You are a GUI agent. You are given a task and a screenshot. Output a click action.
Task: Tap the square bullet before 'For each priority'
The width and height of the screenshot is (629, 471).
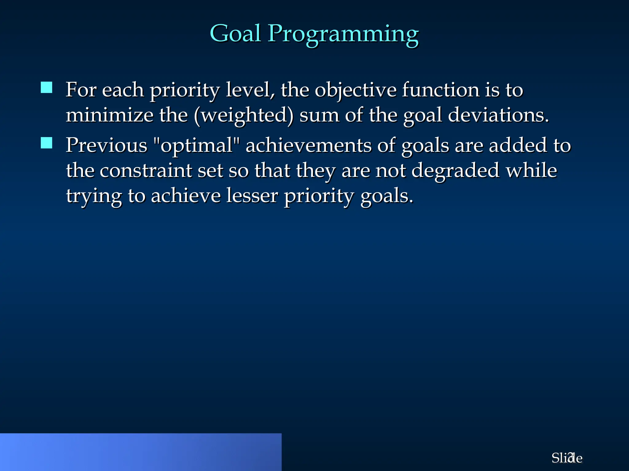46,87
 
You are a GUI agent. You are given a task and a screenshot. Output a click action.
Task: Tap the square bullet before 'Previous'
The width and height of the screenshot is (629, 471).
46,143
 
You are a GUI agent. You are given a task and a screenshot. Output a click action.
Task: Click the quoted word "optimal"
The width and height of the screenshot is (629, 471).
197,145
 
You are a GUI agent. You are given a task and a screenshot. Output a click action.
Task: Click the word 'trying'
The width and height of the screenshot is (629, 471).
94,197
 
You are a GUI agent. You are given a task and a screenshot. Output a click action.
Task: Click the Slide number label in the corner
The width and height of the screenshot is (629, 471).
567,458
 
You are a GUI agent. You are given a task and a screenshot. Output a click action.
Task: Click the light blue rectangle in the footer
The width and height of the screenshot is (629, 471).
141,452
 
